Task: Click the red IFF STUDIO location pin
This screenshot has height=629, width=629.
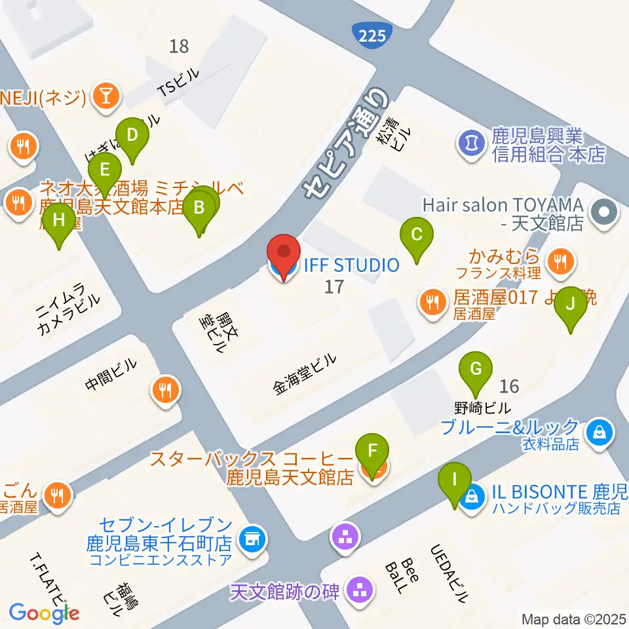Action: (284, 254)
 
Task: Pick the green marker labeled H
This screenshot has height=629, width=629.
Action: (59, 221)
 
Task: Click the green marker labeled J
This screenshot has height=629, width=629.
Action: (571, 305)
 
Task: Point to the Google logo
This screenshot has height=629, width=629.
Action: (44, 613)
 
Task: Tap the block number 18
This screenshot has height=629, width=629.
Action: (178, 46)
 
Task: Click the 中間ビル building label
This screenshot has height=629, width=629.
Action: (111, 379)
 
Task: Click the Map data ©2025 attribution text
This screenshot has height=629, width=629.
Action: (574, 619)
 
